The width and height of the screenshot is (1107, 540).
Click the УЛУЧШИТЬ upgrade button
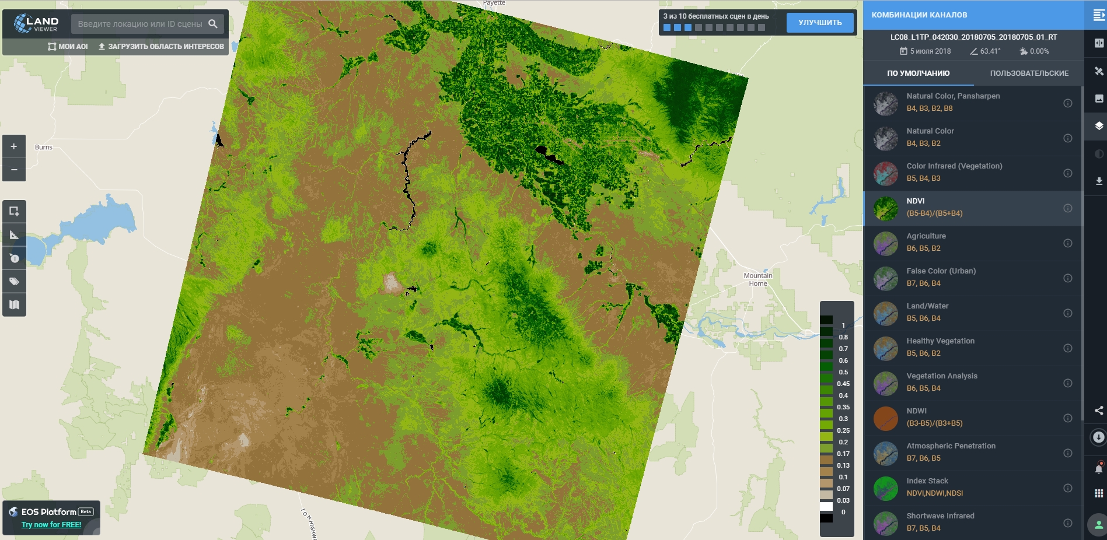(x=819, y=23)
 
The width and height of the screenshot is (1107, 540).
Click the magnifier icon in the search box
(x=213, y=24)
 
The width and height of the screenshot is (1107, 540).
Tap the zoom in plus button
(x=14, y=146)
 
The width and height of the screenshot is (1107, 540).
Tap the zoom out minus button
(x=14, y=170)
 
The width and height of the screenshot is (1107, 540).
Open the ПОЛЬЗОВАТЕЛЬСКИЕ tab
(x=1029, y=73)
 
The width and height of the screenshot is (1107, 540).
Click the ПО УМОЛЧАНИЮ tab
(x=918, y=73)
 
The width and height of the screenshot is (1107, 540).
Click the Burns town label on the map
(x=44, y=148)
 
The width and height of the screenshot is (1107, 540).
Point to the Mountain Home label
(x=758, y=279)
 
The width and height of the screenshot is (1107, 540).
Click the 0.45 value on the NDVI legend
(x=843, y=384)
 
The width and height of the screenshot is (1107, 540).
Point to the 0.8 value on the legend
(x=843, y=337)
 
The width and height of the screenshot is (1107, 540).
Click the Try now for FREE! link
(x=51, y=525)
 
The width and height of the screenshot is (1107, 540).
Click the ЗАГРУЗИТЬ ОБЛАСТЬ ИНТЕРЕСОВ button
(x=161, y=47)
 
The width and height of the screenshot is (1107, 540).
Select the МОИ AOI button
(x=68, y=47)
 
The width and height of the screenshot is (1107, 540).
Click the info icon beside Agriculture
(x=1067, y=243)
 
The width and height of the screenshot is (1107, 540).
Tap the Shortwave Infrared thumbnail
(x=885, y=523)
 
